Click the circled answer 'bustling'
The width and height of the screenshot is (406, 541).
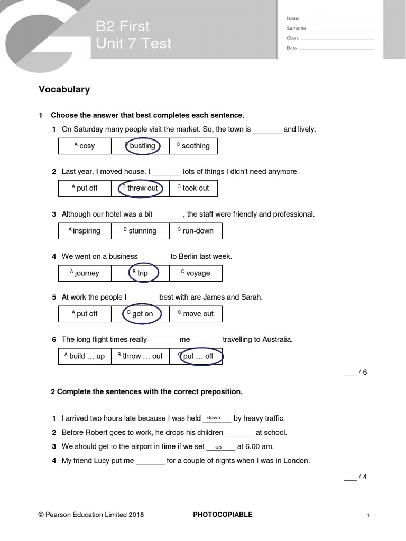tap(142, 146)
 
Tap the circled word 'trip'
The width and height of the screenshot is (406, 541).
tap(142, 273)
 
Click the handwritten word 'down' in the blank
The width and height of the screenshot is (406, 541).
tap(214, 418)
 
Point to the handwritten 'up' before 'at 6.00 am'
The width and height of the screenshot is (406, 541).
tap(218, 447)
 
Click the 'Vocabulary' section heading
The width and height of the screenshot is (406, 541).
tap(64, 89)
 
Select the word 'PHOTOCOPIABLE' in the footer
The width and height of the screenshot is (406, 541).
tap(223, 515)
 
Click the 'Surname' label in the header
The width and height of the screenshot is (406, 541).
tap(296, 28)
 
